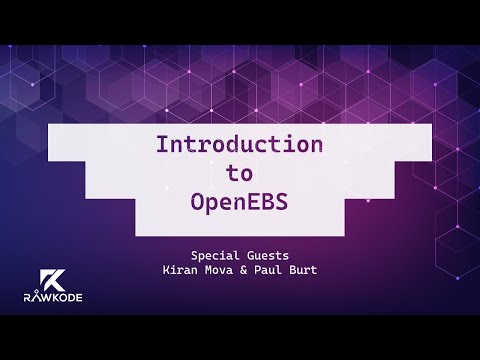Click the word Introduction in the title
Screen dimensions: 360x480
239,144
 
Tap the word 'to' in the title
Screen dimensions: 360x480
239,171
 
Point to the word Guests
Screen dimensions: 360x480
269,254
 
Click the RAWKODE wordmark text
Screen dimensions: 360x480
49,297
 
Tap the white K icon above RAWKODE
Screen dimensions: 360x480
50,278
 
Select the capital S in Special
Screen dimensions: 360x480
195,254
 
